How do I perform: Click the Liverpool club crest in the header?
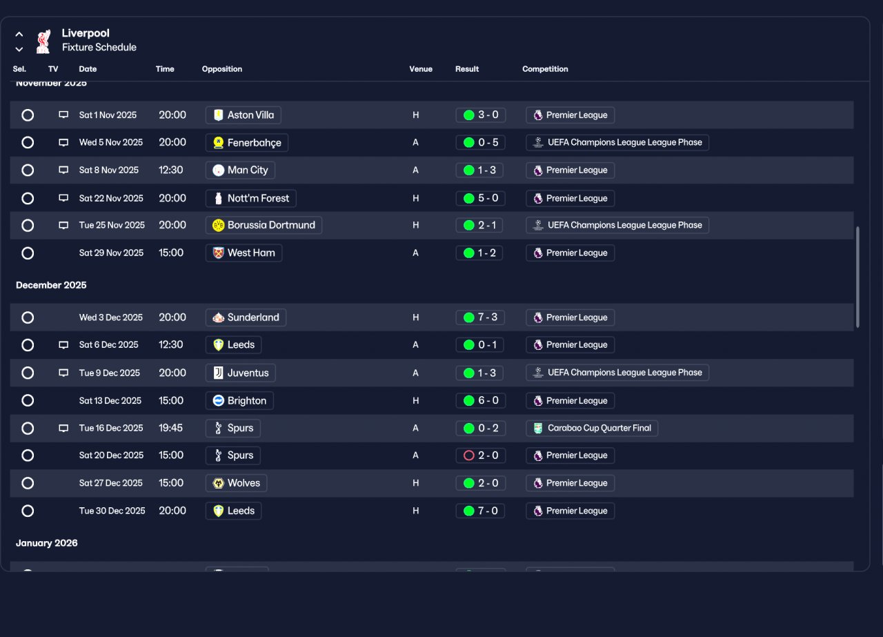[43, 41]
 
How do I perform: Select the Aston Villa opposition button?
[244, 115]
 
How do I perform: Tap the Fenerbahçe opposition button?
[247, 142]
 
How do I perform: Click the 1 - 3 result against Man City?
[479, 170]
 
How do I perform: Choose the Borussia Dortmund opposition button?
[264, 225]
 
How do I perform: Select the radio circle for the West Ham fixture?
[28, 253]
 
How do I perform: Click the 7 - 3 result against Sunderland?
[480, 317]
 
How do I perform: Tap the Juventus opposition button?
[241, 373]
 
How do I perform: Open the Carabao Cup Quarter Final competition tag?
[592, 428]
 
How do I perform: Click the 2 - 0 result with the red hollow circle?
[481, 455]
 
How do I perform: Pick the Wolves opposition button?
[236, 483]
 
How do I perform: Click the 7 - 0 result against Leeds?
[480, 511]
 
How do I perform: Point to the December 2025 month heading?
[51, 285]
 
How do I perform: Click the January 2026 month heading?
[46, 543]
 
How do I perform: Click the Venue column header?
[421, 69]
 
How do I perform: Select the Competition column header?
[545, 69]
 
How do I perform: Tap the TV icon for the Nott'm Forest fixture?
[63, 198]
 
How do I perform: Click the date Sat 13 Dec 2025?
[110, 401]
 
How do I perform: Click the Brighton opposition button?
[239, 401]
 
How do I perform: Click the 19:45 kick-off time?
[170, 428]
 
